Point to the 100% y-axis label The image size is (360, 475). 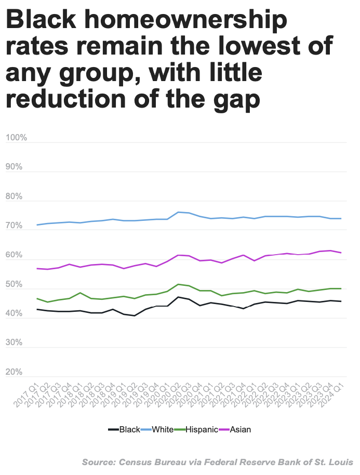pos(16,138)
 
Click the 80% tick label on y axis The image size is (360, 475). pos(14,197)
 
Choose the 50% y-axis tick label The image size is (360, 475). pos(14,285)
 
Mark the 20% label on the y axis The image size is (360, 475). pos(14,373)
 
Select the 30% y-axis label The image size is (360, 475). pos(14,343)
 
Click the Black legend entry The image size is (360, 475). pos(125,429)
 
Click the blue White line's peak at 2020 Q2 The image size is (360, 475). pos(178,212)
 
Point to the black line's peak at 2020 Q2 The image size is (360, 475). pos(178,297)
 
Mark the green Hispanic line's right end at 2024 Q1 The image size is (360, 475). pos(341,288)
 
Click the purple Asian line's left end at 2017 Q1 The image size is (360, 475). pos(37,269)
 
